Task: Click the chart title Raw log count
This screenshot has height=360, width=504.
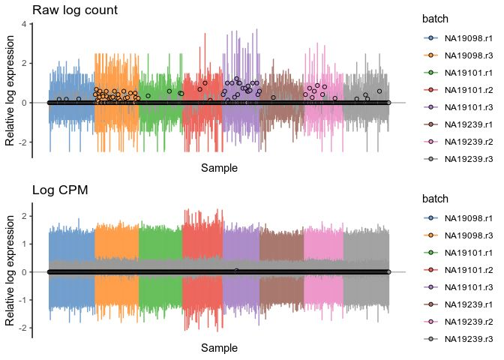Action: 73,10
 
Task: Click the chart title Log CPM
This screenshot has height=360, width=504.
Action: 59,189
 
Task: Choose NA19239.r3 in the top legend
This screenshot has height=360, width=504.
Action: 469,159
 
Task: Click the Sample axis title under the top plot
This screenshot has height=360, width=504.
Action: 219,169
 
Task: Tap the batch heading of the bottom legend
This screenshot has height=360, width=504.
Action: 435,199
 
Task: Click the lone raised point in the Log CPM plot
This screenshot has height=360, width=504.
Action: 236,271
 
